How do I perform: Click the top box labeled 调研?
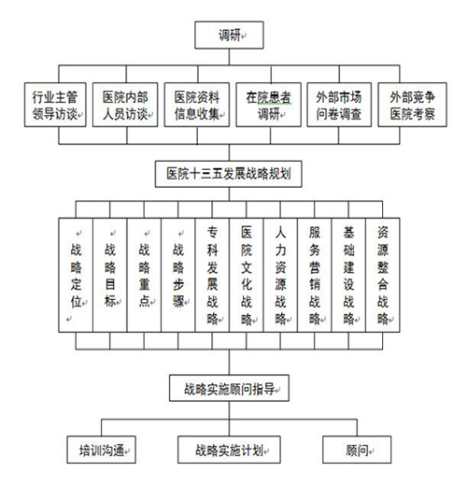(x=229, y=36)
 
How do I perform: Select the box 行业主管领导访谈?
(x=55, y=105)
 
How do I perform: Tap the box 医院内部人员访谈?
(x=125, y=105)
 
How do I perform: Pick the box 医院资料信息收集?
(x=197, y=105)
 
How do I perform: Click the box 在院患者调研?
(x=268, y=105)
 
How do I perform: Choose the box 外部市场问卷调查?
(x=339, y=105)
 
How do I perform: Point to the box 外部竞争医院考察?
(x=412, y=105)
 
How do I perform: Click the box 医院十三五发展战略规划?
(x=228, y=174)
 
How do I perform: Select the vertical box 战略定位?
(x=76, y=275)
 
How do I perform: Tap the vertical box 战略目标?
(x=110, y=275)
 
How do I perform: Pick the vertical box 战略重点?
(x=144, y=275)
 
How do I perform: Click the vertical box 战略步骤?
(x=178, y=275)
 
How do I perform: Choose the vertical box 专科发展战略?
(x=212, y=275)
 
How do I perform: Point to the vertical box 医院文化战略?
(x=247, y=275)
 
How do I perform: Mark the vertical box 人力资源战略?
(x=280, y=275)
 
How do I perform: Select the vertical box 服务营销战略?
(x=315, y=275)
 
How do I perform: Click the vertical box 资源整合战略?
(x=383, y=275)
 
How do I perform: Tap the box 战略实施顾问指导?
(x=229, y=388)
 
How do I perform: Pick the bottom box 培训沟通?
(x=101, y=450)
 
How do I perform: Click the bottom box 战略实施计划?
(x=229, y=450)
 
